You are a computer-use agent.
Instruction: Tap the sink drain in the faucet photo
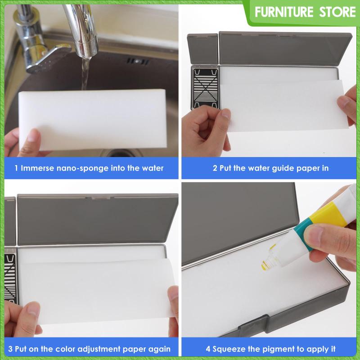pyautogui.click(x=133, y=61)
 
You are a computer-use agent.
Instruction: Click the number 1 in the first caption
pyautogui.click(x=16, y=169)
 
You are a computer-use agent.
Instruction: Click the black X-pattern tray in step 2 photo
pyautogui.click(x=205, y=88)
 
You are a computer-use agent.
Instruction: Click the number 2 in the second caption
pyautogui.click(x=215, y=169)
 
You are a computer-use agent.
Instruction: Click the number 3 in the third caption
pyautogui.click(x=10, y=349)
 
